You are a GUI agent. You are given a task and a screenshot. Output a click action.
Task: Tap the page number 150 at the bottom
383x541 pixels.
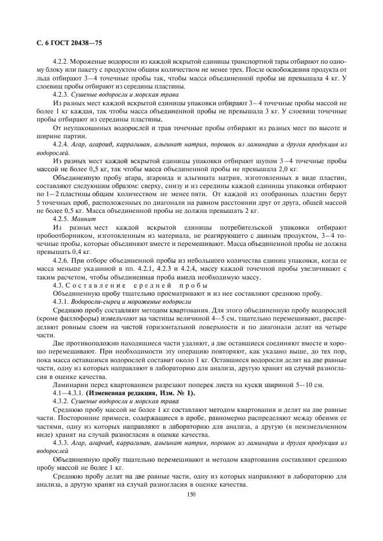tap(191, 494)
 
